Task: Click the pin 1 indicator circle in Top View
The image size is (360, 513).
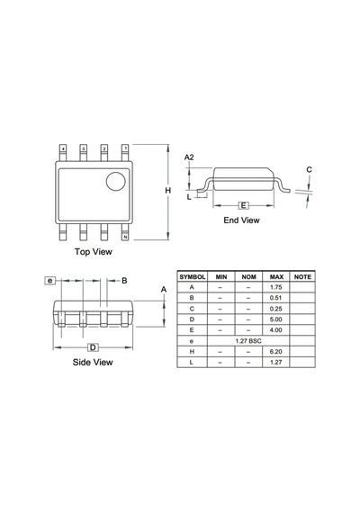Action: coord(115,181)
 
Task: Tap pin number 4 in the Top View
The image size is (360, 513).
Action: coord(63,148)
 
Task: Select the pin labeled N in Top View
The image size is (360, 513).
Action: coord(125,237)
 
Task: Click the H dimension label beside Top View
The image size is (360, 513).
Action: coord(168,191)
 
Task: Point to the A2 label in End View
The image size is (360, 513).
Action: coord(189,157)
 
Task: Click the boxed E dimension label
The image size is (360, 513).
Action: coord(243,205)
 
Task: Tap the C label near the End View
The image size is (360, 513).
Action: coord(309,169)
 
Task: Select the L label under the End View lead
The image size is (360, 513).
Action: coord(189,197)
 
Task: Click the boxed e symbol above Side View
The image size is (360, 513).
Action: coord(49,281)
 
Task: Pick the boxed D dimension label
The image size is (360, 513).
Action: coord(93,347)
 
